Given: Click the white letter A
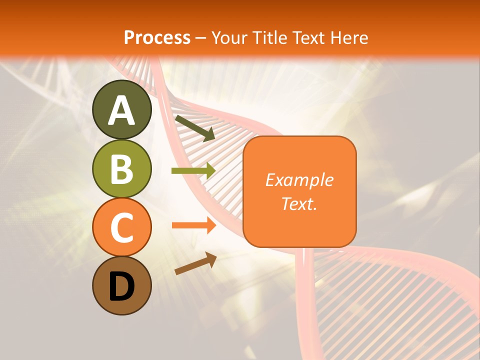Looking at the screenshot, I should tap(121, 110).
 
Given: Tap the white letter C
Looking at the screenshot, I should tap(121, 227).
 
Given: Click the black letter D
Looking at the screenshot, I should tap(121, 286).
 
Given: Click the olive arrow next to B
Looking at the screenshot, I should tap(192, 171).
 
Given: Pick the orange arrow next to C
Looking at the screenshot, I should tap(192, 225).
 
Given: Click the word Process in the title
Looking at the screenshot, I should tap(157, 38).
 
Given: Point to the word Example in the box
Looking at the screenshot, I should tap(299, 180).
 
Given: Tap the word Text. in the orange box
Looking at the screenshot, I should tap(299, 203).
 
